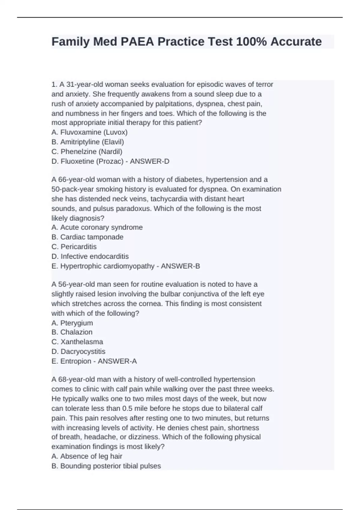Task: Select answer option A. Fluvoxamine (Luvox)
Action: tap(89, 132)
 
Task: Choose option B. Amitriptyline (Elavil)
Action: tap(88, 142)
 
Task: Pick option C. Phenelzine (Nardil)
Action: tap(87, 151)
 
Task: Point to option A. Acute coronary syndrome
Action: tap(97, 227)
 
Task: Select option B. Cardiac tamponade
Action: tap(87, 237)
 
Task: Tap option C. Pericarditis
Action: tap(74, 247)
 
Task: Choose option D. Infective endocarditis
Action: tap(90, 256)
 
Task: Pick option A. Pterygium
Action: tap(72, 323)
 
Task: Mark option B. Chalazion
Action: tap(72, 332)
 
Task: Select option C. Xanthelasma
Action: tap(77, 342)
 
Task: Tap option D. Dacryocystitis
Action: tap(78, 351)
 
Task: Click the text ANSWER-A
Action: tap(117, 361)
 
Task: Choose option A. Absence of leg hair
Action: tap(87, 456)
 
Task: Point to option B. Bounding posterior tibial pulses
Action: tap(106, 466)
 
